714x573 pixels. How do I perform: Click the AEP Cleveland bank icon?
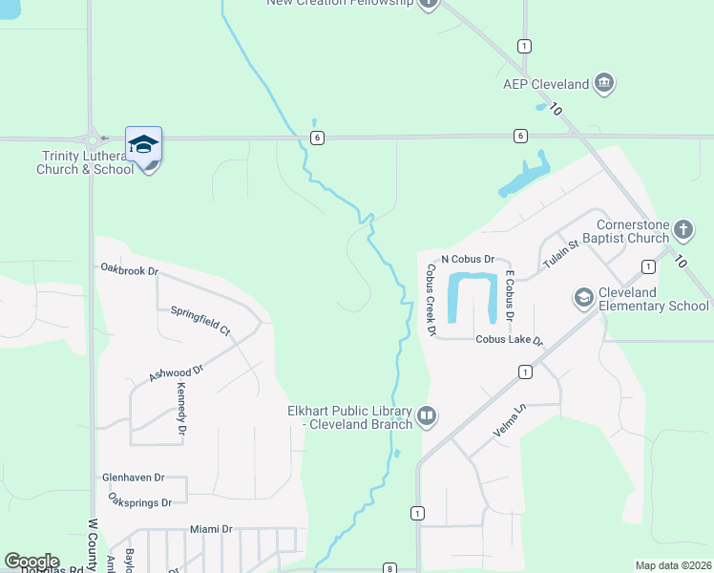[x=603, y=84]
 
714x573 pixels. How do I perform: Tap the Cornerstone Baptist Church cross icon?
[x=682, y=229]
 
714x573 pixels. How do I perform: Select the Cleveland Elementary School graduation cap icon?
[x=583, y=299]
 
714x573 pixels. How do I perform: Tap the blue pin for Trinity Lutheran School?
[x=143, y=146]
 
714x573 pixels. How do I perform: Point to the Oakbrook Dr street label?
[x=129, y=270]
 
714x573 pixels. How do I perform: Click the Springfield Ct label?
[x=200, y=319]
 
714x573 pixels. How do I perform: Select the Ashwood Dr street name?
[x=177, y=373]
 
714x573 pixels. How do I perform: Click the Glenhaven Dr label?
[x=134, y=477]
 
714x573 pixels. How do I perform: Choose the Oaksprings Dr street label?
[x=139, y=502]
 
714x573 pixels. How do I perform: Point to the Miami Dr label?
[x=211, y=529]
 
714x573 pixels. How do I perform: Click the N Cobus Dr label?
[x=467, y=259]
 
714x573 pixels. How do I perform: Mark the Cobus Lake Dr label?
[x=509, y=340]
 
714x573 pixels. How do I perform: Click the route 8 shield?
[x=389, y=568]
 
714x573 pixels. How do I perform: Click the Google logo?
[x=31, y=562]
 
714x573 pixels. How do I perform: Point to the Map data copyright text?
[x=673, y=565]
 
